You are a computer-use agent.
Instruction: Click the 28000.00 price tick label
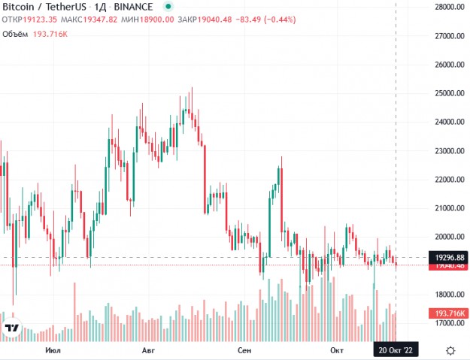click(x=441, y=8)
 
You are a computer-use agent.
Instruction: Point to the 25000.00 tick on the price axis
click(x=441, y=93)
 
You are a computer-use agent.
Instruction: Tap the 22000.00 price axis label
click(x=441, y=180)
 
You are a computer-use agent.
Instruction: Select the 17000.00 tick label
click(x=441, y=323)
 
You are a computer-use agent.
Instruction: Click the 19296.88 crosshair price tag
click(x=445, y=257)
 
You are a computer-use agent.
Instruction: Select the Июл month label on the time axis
click(x=53, y=350)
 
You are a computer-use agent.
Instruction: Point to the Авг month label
click(x=148, y=350)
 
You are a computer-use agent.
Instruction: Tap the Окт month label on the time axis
click(x=335, y=350)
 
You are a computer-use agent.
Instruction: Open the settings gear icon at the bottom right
click(x=450, y=350)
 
